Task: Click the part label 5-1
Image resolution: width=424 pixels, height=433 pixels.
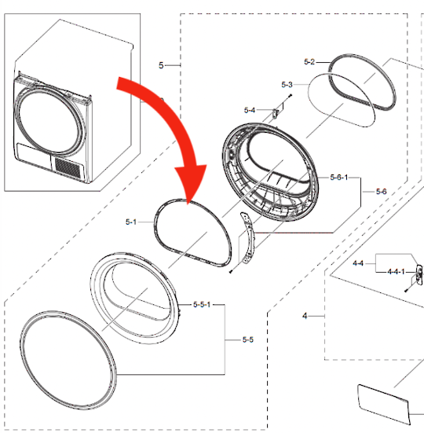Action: [x=130, y=222]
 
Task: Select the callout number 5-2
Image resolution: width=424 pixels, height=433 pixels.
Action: [x=309, y=61]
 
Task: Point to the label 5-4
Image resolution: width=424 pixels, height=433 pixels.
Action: [x=250, y=110]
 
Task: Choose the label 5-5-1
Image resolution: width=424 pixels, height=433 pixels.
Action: [x=202, y=304]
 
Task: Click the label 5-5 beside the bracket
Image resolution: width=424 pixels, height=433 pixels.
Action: [x=247, y=339]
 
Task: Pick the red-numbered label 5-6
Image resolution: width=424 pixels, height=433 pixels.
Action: [x=382, y=191]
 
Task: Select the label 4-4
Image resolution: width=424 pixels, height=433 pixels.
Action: [x=358, y=264]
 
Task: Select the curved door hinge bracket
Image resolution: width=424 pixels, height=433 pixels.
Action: [x=248, y=243]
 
